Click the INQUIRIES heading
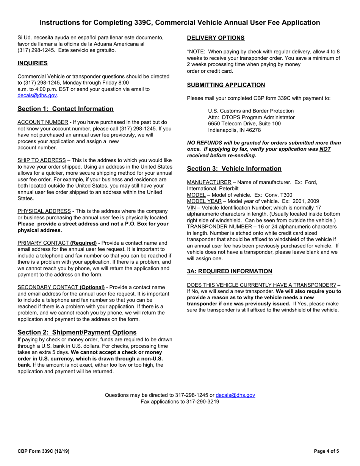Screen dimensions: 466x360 tap(33, 63)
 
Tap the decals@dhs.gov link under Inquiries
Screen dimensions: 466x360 tap(37, 95)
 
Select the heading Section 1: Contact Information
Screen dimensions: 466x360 tap(66, 109)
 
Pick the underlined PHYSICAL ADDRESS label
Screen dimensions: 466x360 tap(44, 211)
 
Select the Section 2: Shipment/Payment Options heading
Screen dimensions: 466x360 tap(77, 332)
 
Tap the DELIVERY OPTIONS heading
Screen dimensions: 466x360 tap(216, 38)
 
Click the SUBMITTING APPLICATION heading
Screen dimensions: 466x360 tap(226, 85)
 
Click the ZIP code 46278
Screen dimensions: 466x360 tap(253, 130)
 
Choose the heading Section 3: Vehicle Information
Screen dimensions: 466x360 tap(234, 169)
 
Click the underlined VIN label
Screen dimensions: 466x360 tap(191, 208)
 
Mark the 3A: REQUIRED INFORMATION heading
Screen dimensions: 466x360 tap(230, 271)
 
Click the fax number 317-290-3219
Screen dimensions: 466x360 tap(202, 402)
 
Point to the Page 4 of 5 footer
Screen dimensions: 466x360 tap(327, 451)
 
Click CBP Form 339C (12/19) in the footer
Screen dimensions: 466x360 tap(44, 451)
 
